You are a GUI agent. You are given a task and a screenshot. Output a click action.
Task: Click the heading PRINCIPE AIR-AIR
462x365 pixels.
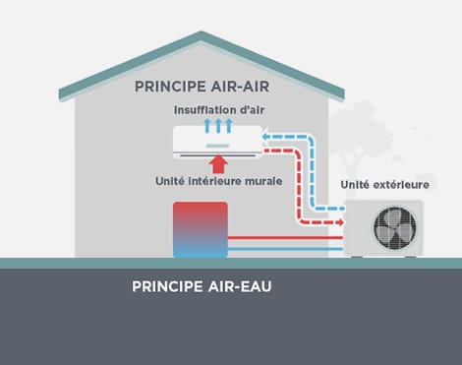click(203, 86)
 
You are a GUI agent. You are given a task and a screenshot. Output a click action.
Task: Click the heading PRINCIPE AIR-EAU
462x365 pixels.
click(202, 288)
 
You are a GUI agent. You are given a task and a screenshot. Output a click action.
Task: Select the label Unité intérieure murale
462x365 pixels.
click(219, 181)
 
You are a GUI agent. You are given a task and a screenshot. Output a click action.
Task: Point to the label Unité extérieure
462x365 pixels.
click(384, 184)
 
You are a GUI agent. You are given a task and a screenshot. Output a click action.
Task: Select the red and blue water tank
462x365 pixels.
click(200, 229)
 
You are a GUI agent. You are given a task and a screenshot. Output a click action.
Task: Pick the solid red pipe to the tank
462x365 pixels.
click(285, 236)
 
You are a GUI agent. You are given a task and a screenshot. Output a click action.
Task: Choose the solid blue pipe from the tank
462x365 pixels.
click(285, 250)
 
